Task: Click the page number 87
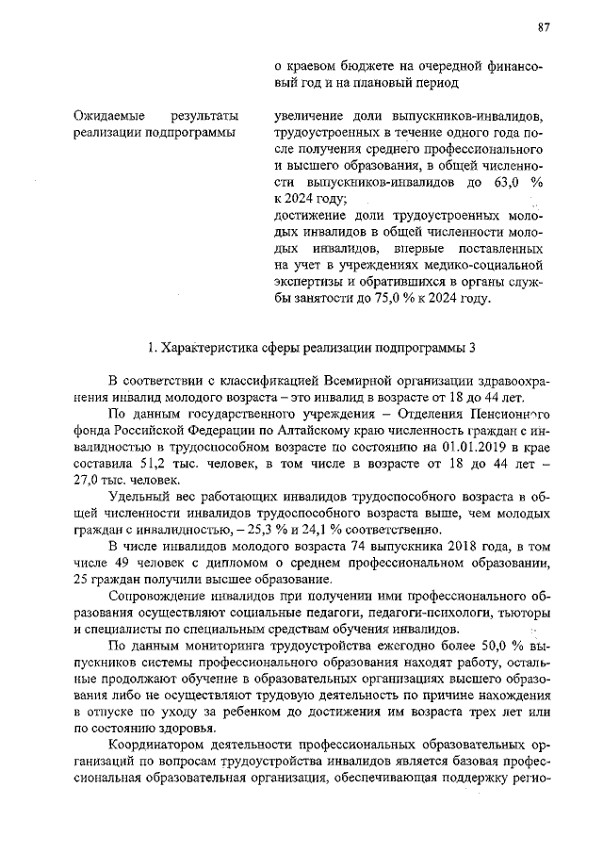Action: [544, 27]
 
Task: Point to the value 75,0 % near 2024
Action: [395, 299]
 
